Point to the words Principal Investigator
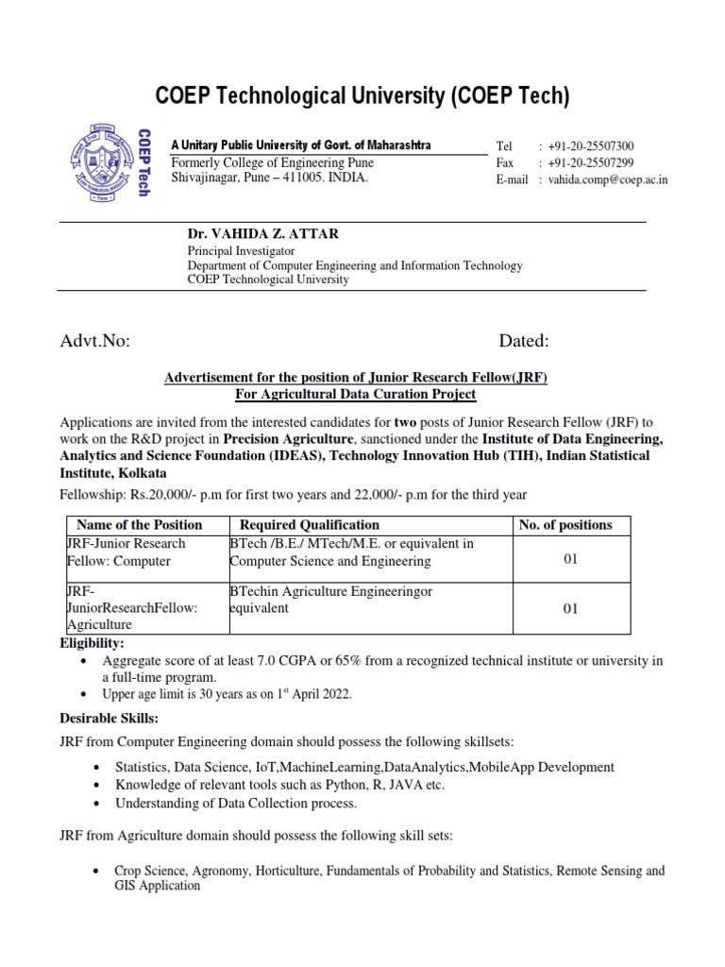[x=242, y=251]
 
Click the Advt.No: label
[x=94, y=341]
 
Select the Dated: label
[x=523, y=341]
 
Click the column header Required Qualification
[x=310, y=525]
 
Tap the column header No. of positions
[x=565, y=525]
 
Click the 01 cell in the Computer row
[x=569, y=560]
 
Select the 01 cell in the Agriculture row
[x=569, y=609]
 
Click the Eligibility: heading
[x=91, y=643]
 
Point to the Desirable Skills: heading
[x=106, y=719]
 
